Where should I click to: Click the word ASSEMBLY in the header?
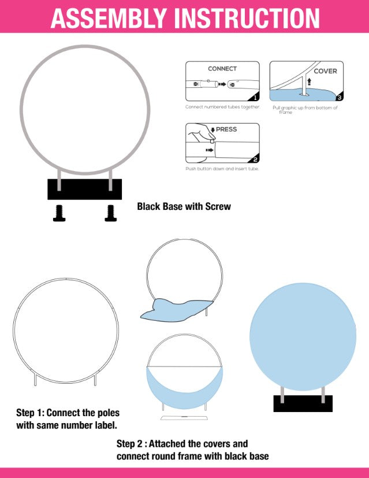pos(109,18)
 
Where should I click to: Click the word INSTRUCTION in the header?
pos(247,18)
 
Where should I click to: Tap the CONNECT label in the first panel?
pos(222,69)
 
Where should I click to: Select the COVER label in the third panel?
pos(325,71)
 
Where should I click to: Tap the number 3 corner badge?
pos(339,97)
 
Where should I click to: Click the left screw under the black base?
pos(59,213)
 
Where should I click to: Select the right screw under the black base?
pos(110,213)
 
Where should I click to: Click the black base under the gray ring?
pos(85,190)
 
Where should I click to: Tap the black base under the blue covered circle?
pos(303,403)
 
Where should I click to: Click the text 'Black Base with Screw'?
pos(184,206)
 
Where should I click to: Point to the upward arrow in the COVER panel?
pos(310,81)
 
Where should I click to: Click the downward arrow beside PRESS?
pos(213,130)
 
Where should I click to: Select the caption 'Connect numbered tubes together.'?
pos(223,107)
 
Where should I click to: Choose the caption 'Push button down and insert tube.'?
pos(222,169)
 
